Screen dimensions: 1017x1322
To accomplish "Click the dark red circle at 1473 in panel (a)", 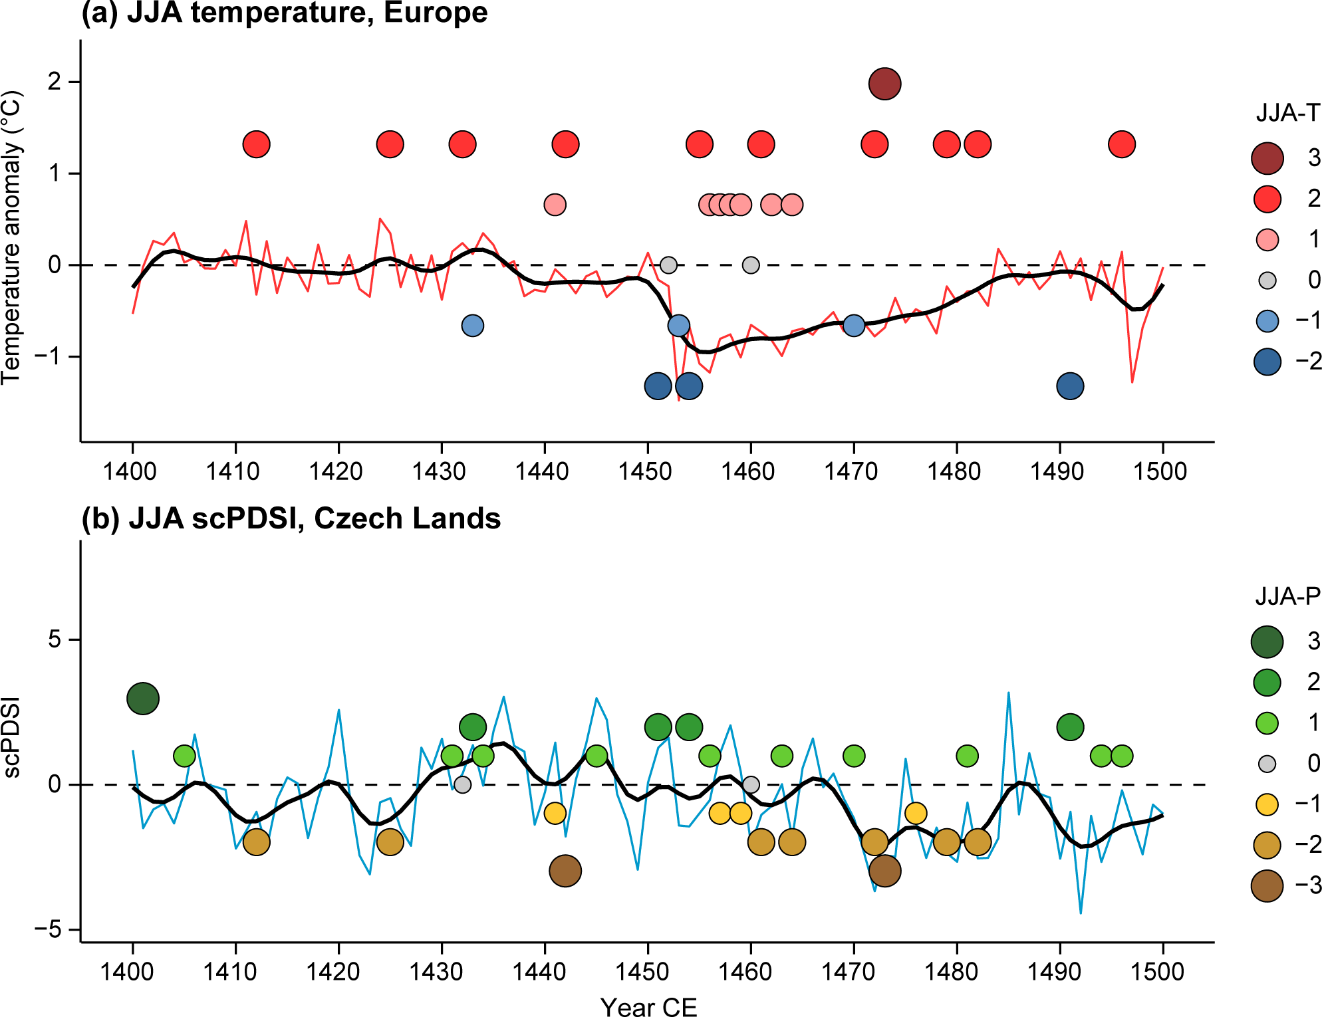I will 884,84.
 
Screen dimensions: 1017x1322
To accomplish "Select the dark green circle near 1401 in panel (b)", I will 143,699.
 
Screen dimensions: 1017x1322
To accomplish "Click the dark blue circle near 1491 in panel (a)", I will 1070,386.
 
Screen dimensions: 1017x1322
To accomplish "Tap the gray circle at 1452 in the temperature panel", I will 668,265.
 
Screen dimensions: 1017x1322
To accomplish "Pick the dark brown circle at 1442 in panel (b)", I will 565,871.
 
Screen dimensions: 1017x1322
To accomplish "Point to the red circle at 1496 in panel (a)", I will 1122,144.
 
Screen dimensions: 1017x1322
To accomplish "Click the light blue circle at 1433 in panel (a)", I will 472,326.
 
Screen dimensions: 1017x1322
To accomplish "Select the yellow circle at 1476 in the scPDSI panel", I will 916,813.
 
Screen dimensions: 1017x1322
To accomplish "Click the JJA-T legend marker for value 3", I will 1267,158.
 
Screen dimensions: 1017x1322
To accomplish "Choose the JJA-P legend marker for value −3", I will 1267,886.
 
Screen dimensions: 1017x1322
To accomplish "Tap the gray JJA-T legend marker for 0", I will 1267,281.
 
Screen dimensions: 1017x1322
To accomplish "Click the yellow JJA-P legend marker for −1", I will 1267,805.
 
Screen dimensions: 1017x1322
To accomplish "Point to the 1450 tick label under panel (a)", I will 645,471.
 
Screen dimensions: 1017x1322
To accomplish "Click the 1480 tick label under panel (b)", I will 952,972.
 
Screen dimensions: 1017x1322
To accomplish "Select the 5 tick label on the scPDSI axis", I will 55,640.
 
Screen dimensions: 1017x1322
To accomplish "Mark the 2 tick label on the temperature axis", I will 55,82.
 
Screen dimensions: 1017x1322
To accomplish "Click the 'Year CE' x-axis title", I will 648,1006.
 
